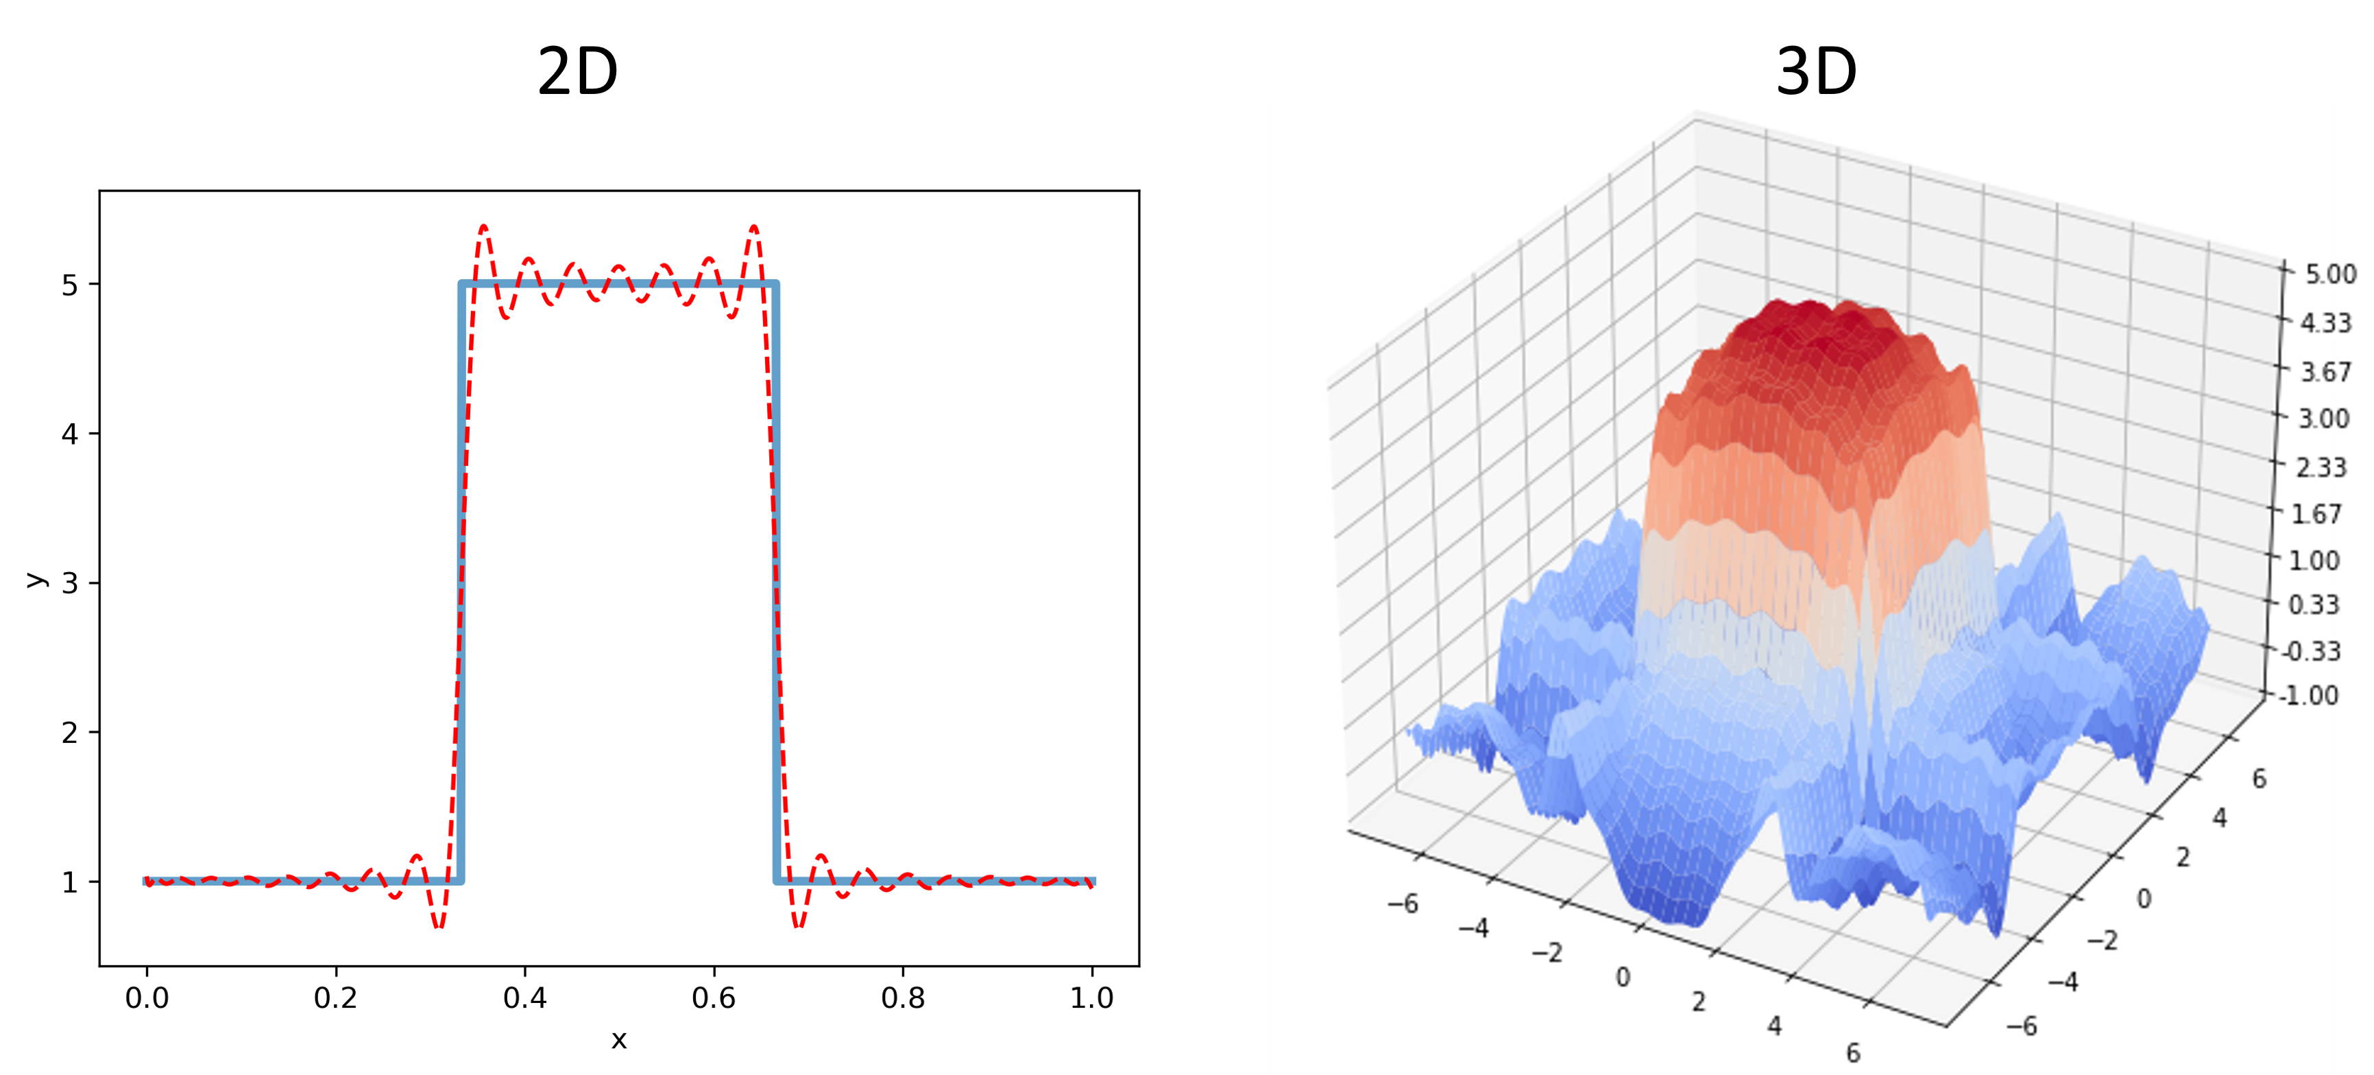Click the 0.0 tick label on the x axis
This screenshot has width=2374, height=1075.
(147, 997)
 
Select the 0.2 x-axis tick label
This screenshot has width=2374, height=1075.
(335, 997)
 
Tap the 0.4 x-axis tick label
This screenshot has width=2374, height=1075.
(524, 997)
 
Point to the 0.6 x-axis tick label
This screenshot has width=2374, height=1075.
(714, 997)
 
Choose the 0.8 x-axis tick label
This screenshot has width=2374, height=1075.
(902, 997)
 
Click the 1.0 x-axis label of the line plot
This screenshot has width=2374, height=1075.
(1091, 997)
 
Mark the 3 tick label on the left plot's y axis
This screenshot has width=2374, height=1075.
(70, 584)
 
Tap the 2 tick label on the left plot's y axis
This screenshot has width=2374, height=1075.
(70, 733)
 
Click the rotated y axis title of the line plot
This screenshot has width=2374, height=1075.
(36, 579)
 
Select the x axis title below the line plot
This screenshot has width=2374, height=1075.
(618, 1040)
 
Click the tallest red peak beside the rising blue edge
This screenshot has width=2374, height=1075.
(484, 227)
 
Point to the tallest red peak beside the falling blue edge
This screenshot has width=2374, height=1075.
(754, 227)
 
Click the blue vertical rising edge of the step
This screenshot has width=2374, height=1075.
(461, 581)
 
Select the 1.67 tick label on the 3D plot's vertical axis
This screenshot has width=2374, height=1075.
(2312, 514)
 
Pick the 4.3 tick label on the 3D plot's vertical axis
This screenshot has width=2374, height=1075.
(2315, 322)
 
